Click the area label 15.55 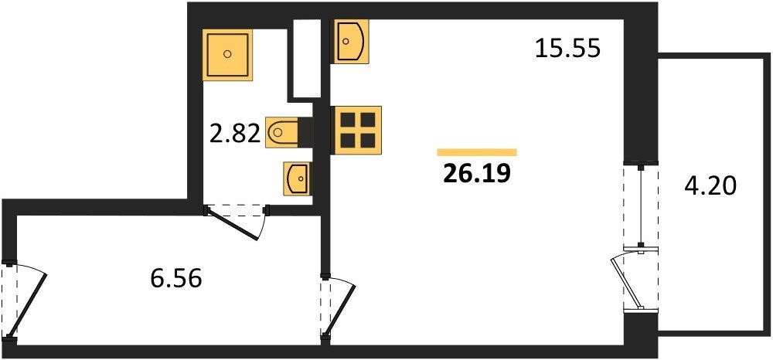coord(567,49)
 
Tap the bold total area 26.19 coord(476,173)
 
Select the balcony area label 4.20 coord(710,187)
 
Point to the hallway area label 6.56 coord(176,280)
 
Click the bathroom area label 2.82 coord(235,134)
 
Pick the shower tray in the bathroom coord(227,54)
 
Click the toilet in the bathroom coord(282,132)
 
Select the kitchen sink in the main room coord(352,42)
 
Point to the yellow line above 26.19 coord(477,152)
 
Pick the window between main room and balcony coord(641,206)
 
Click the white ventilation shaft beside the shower coord(306,58)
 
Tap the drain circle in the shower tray coord(227,53)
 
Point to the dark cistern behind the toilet coord(305,132)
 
